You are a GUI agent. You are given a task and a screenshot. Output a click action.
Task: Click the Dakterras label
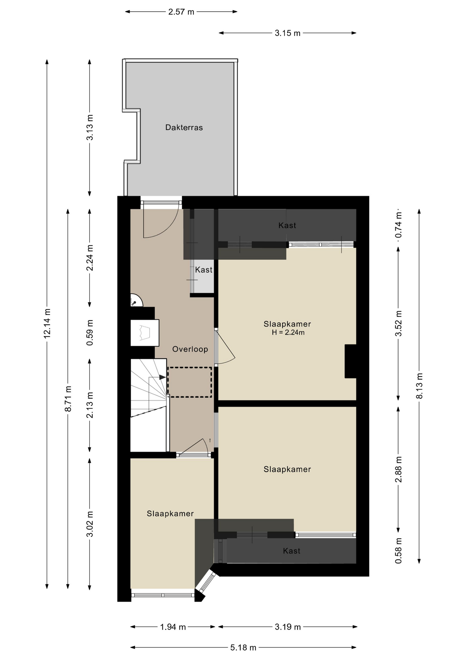184,128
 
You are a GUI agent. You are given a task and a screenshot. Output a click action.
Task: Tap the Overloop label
190,349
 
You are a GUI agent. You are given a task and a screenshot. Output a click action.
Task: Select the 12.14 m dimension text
47,323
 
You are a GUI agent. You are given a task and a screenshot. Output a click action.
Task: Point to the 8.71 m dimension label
68,398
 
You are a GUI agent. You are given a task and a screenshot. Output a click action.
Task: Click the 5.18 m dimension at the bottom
243,648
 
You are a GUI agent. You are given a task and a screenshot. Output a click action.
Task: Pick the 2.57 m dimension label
181,12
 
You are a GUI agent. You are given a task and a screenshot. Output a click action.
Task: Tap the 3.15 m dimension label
288,33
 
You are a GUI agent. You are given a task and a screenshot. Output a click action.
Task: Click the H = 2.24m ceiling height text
288,333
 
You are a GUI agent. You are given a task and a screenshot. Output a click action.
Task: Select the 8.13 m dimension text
419,385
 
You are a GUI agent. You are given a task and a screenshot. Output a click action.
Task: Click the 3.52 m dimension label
398,323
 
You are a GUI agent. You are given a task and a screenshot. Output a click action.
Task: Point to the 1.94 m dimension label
173,627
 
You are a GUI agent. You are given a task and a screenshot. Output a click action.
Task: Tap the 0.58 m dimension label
398,551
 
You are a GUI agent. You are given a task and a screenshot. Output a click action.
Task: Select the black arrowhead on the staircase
162,377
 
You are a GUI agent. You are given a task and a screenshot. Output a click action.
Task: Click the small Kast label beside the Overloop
204,270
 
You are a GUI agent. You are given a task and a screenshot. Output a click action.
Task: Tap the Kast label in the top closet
287,226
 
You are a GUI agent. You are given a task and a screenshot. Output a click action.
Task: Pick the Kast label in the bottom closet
292,551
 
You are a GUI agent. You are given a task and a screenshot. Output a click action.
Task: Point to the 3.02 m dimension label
90,524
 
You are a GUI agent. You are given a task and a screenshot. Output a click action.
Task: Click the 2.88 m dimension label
398,469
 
